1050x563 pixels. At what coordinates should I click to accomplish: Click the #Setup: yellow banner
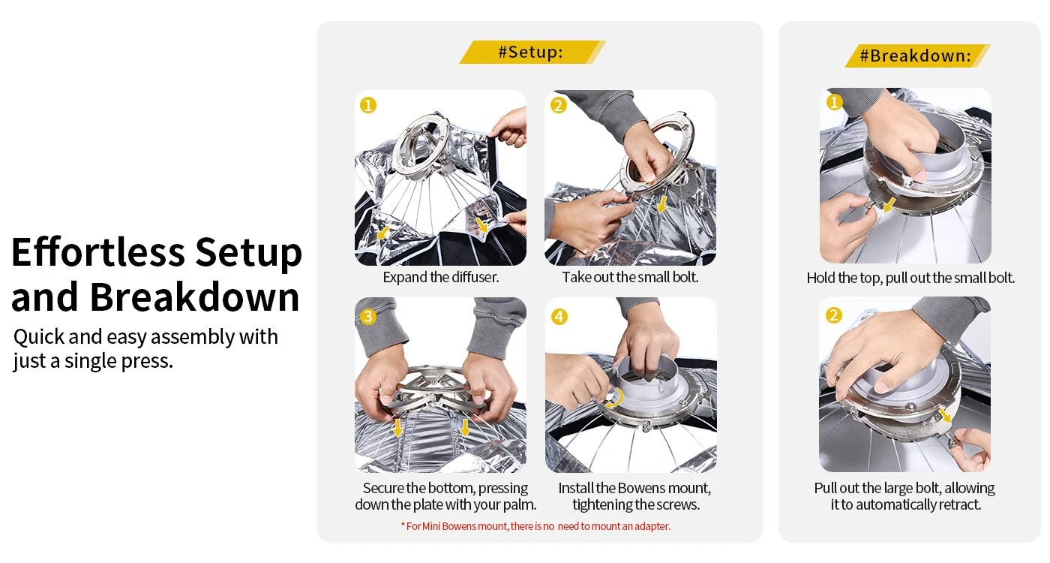click(532, 52)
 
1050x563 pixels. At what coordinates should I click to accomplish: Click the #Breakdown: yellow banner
click(917, 56)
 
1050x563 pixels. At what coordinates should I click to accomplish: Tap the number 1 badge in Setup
click(368, 105)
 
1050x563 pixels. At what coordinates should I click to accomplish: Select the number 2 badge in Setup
click(558, 105)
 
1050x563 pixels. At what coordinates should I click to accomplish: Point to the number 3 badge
click(368, 317)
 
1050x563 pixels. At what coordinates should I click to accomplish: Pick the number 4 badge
click(559, 317)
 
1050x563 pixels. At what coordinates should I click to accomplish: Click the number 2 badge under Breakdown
click(833, 315)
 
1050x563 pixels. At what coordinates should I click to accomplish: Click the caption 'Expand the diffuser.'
click(441, 277)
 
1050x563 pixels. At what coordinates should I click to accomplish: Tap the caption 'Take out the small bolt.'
click(630, 277)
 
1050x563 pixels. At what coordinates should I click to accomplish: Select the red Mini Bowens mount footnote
click(535, 526)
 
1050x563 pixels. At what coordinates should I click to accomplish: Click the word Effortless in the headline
click(98, 252)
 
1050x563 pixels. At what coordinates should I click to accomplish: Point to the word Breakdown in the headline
click(194, 297)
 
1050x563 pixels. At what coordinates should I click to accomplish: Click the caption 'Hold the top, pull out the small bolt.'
click(910, 278)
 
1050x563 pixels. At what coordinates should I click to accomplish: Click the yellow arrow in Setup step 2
click(661, 204)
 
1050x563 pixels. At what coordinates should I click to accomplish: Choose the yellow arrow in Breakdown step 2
click(945, 414)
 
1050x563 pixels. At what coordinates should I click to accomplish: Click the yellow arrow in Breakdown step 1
click(889, 204)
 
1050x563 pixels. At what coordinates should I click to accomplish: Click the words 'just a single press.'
click(93, 361)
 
